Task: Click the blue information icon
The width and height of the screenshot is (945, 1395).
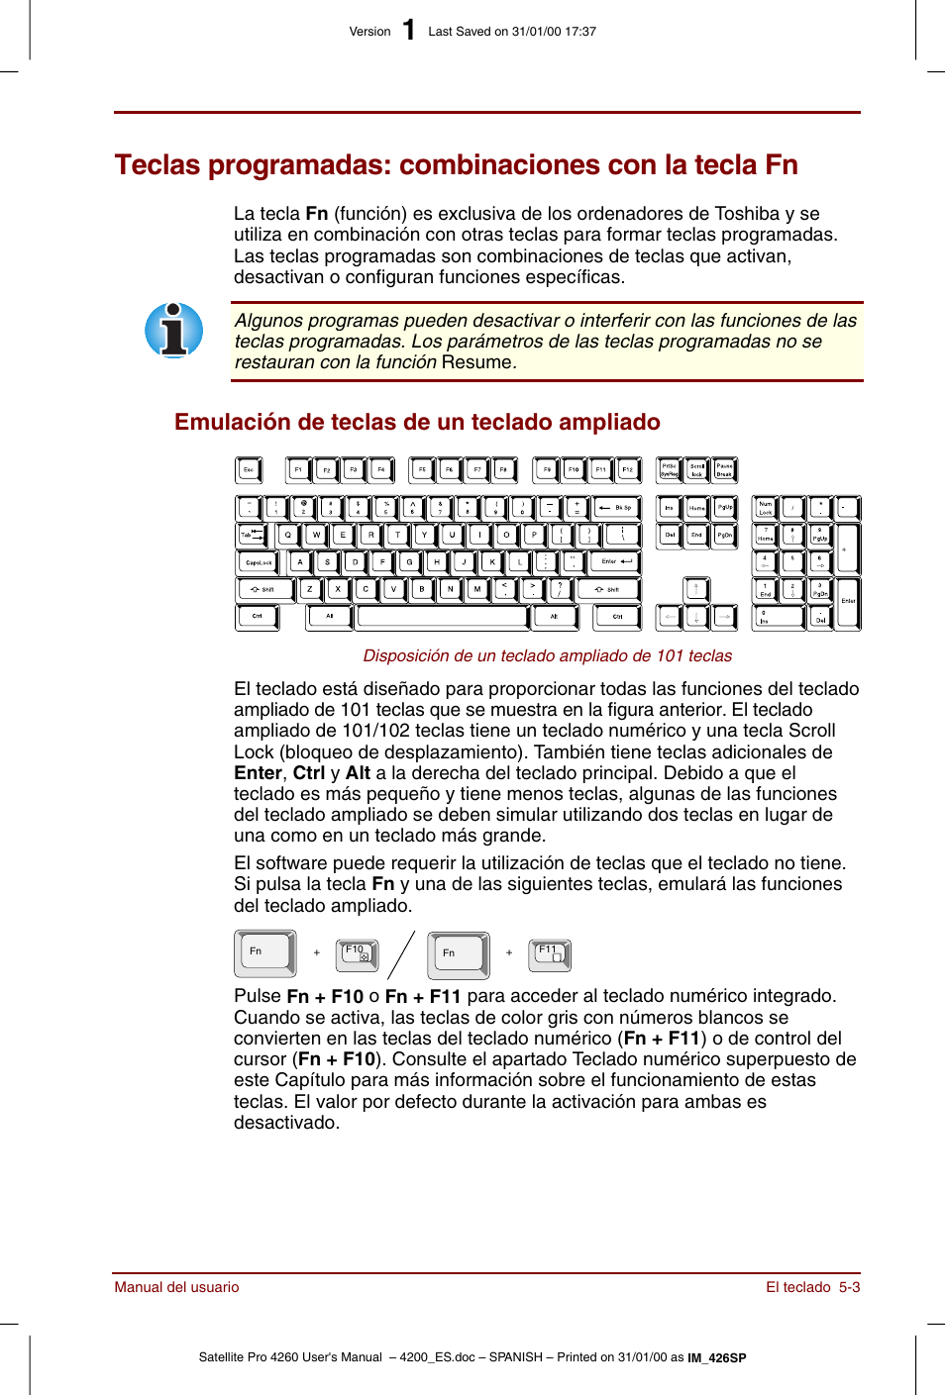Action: tap(174, 331)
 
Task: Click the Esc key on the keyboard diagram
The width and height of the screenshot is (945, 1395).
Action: tap(248, 469)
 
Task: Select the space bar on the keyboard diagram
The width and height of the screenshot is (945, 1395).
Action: tap(442, 617)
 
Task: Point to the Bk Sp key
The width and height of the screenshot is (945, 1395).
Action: tap(616, 508)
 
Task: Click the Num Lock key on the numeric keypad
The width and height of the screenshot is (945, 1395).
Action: tap(765, 508)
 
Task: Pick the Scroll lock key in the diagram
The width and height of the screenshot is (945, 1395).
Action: tap(696, 469)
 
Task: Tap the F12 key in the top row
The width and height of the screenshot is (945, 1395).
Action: tap(627, 469)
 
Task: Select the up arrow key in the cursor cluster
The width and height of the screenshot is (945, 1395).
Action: tap(695, 589)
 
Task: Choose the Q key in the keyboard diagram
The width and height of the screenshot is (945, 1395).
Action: tap(288, 535)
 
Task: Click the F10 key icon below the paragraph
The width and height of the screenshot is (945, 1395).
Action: tap(357, 954)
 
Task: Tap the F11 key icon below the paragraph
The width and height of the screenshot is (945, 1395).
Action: tap(550, 954)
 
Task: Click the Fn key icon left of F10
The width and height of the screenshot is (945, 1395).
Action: tap(264, 953)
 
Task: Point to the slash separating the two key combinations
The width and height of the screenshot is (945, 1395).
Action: tap(401, 955)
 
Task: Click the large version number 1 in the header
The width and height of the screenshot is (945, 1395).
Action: tap(408, 31)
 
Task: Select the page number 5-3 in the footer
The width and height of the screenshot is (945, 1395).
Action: tap(849, 1287)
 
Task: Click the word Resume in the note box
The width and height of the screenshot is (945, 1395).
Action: tap(476, 362)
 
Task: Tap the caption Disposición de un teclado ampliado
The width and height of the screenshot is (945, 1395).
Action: tap(547, 655)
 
